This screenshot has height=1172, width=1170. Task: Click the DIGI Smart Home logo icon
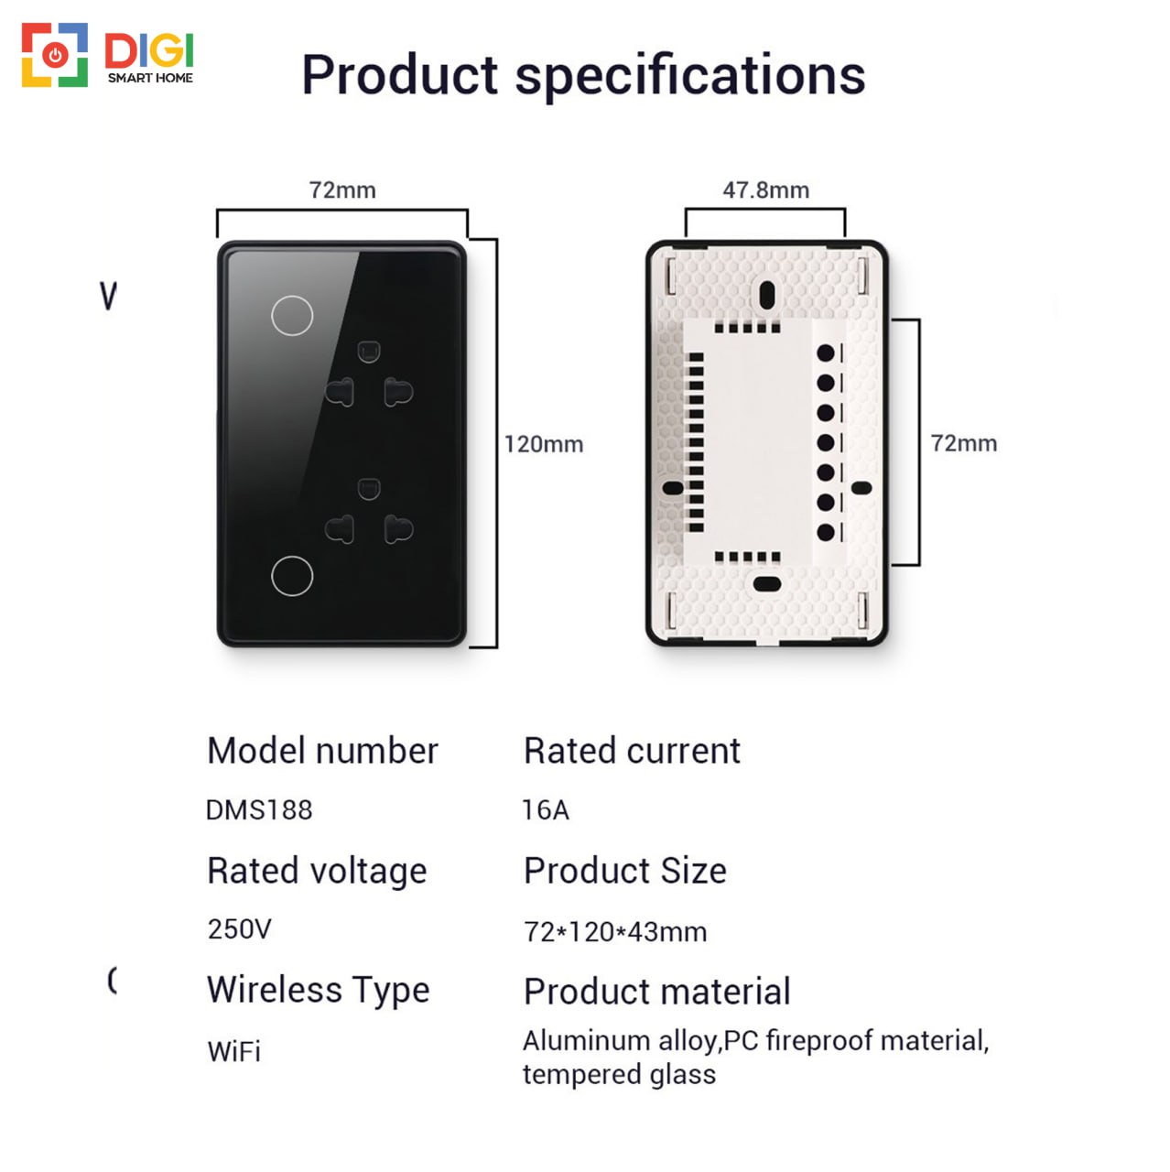55,55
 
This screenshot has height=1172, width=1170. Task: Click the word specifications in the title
690,76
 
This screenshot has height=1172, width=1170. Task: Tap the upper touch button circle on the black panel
292,315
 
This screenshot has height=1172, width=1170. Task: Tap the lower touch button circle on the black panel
292,575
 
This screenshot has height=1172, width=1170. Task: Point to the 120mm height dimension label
544,444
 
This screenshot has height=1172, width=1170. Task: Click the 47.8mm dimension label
765,190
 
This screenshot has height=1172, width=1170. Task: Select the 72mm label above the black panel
342,190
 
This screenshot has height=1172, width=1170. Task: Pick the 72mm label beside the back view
964,443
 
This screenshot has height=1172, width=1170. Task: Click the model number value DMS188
259,809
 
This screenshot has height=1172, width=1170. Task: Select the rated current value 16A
546,809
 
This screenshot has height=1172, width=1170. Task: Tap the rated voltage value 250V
239,928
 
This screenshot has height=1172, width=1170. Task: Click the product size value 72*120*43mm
615,931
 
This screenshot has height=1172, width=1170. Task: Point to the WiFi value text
234,1051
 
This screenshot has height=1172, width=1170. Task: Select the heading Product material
656,992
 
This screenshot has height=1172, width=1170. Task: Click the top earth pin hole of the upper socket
369,352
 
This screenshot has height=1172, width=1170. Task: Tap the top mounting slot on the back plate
767,295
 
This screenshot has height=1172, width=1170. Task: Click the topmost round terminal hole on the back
825,353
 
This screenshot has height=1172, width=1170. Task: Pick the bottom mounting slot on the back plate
767,584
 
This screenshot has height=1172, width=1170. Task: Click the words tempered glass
619,1074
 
